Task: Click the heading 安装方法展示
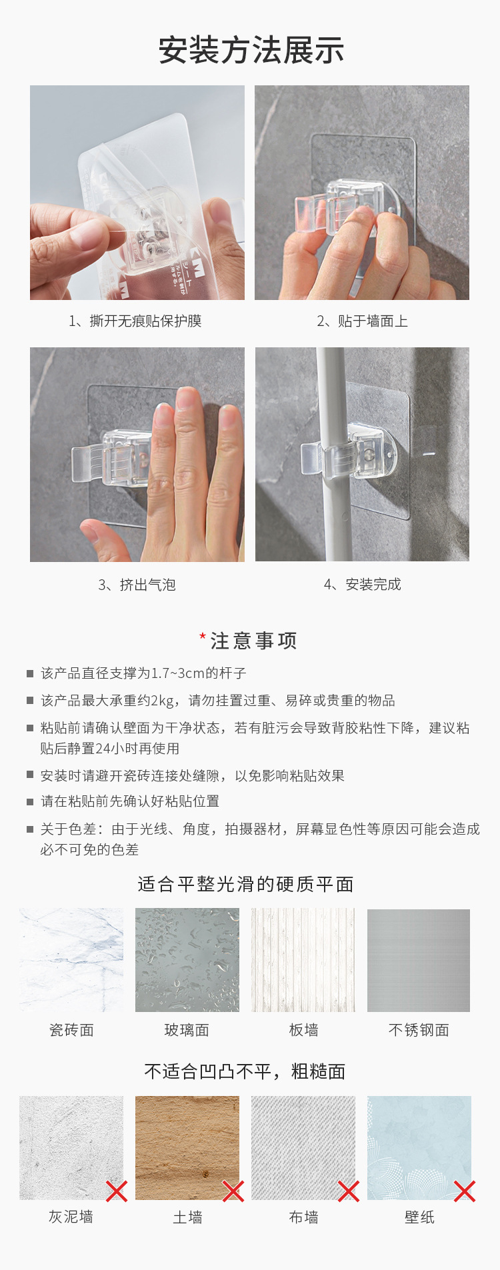click(x=251, y=51)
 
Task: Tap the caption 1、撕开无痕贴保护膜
click(x=135, y=321)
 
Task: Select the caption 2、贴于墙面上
click(x=362, y=321)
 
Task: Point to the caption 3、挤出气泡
click(x=137, y=585)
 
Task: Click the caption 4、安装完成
click(x=362, y=585)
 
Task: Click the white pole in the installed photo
click(x=331, y=454)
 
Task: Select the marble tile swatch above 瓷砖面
click(x=71, y=960)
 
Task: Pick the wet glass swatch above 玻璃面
click(x=187, y=960)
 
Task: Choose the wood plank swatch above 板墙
click(x=303, y=960)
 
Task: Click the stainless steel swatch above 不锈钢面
click(x=419, y=960)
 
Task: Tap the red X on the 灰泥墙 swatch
click(x=117, y=1191)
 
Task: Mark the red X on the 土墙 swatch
click(x=233, y=1191)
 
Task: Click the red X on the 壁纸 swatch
click(x=465, y=1191)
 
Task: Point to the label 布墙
click(x=303, y=1217)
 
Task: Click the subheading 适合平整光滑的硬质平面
click(x=245, y=884)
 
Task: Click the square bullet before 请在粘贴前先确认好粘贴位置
click(x=30, y=801)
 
